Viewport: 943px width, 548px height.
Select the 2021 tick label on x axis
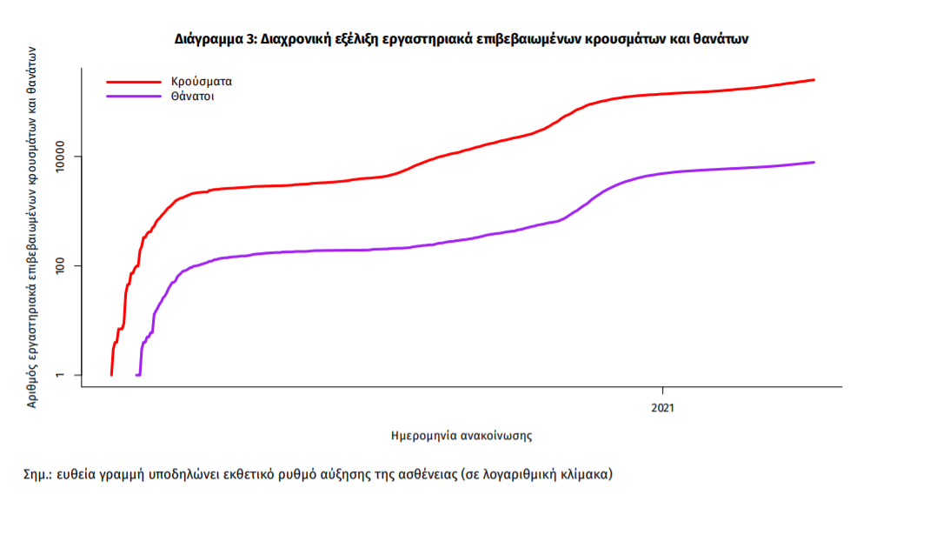[x=663, y=406]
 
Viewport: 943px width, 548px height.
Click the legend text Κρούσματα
[x=202, y=82]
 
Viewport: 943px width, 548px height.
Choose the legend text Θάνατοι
[x=193, y=97]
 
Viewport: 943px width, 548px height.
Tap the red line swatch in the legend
[x=133, y=82]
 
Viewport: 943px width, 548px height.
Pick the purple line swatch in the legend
[x=133, y=97]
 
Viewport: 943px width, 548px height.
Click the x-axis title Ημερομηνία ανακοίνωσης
[x=462, y=433]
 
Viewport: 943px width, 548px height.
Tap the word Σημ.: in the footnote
[x=38, y=475]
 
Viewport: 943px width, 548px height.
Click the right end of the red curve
[x=814, y=80]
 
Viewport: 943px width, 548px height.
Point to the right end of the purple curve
[x=814, y=162]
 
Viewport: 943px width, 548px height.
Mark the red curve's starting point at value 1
[x=111, y=375]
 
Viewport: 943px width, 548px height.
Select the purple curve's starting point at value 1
[x=137, y=375]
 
